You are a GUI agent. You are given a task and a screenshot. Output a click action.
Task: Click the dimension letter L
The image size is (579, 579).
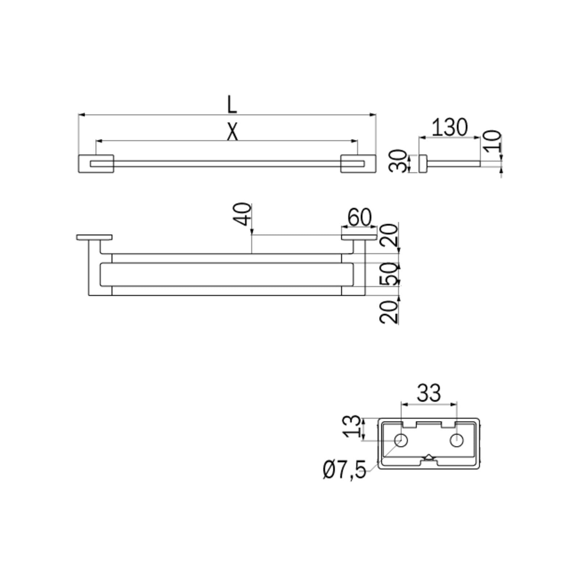(232, 105)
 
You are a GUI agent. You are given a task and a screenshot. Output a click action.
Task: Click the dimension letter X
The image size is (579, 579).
(232, 132)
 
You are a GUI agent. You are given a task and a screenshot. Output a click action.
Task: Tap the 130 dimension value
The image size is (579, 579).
(450, 127)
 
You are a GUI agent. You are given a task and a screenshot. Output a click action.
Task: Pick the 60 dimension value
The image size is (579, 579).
(359, 217)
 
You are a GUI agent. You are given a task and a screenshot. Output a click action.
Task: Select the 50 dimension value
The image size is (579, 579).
(390, 274)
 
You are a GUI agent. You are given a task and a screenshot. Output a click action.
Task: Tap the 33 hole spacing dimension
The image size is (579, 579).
(428, 393)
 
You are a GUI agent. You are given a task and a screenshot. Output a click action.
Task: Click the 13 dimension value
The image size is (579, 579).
(352, 427)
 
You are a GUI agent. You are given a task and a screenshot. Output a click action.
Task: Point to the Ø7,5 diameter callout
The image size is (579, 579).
(345, 470)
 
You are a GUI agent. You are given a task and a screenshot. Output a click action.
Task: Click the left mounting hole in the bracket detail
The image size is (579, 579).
(401, 440)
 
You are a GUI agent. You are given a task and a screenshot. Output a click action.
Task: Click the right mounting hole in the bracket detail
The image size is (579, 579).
(457, 440)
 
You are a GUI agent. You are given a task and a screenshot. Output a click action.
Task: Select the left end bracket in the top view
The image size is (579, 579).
(96, 164)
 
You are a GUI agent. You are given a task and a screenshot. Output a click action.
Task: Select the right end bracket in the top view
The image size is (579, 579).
(358, 164)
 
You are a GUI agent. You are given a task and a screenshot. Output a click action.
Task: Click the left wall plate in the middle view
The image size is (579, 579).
(94, 237)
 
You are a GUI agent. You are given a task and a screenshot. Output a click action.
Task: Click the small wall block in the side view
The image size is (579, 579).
(423, 163)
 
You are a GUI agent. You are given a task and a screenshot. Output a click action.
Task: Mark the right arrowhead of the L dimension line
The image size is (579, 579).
(374, 115)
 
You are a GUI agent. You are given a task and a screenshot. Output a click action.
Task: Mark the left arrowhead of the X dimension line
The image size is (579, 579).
(98, 141)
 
